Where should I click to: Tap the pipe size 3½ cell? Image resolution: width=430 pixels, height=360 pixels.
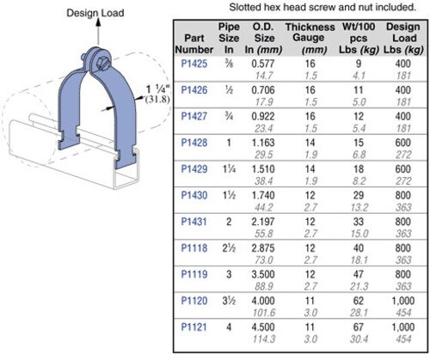[228, 302]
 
